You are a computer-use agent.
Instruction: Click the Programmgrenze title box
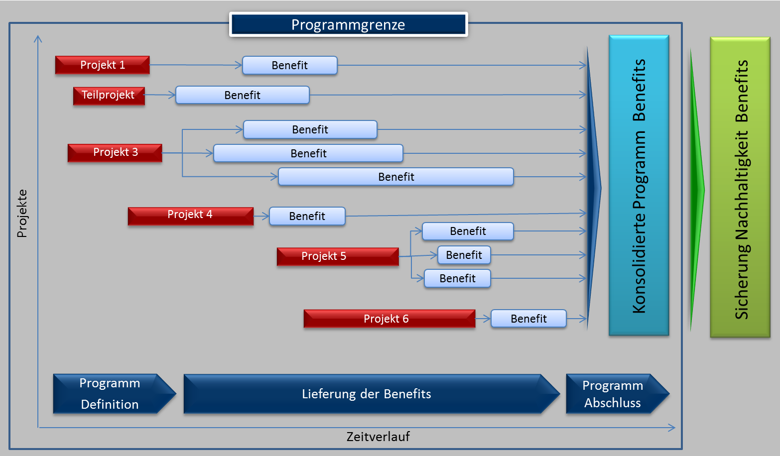(348, 24)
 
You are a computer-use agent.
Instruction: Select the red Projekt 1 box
(102, 65)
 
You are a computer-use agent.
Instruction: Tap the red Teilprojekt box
(109, 95)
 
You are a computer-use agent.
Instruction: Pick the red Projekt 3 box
(115, 152)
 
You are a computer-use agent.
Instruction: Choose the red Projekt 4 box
(190, 215)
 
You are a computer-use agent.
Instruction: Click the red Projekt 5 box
(338, 256)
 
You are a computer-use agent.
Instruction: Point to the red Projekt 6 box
(389, 319)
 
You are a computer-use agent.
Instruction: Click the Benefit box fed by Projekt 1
(289, 65)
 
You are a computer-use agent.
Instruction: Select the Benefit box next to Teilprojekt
(242, 95)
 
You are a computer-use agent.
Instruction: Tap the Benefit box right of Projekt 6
(528, 319)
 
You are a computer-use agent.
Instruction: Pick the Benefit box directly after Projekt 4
(307, 216)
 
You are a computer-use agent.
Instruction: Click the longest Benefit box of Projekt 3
(395, 177)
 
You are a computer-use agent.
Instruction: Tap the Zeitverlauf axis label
(378, 437)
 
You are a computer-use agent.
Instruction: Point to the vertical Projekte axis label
(22, 213)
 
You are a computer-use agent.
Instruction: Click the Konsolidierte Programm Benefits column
(639, 185)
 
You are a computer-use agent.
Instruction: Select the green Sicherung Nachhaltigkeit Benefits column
(740, 188)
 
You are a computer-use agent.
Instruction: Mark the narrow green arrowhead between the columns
(696, 189)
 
